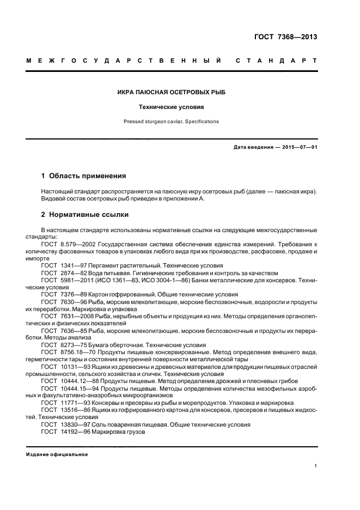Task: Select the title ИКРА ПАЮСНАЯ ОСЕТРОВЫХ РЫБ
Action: (179, 92)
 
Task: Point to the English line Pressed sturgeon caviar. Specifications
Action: (179, 122)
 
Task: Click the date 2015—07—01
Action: (298, 148)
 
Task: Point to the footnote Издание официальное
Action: (57, 454)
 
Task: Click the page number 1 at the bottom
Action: (316, 466)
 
